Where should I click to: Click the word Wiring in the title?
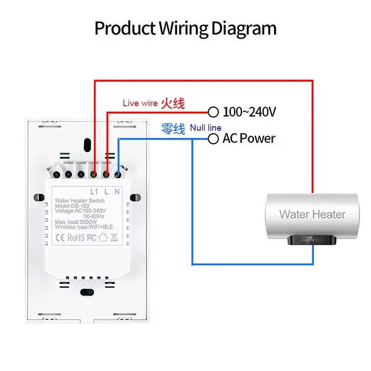click(183, 29)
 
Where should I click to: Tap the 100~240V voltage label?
click(249, 112)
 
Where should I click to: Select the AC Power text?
click(249, 138)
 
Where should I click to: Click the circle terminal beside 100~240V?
click(213, 112)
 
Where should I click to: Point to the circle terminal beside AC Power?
click(213, 139)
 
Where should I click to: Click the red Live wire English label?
click(140, 103)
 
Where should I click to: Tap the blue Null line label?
click(205, 128)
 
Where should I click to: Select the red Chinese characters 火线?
click(173, 103)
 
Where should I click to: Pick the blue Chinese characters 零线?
click(173, 129)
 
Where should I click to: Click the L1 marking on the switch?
click(94, 192)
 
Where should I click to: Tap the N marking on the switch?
click(117, 192)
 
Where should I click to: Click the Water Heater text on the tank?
click(312, 214)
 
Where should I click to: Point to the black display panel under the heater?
click(312, 240)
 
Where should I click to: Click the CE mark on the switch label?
click(60, 237)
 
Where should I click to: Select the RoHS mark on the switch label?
click(76, 237)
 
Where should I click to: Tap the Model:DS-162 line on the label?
click(72, 206)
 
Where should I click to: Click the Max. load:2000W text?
click(76, 222)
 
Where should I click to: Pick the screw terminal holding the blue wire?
click(118, 175)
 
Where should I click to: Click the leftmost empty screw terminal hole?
click(57, 175)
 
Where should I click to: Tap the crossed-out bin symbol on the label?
click(114, 237)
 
